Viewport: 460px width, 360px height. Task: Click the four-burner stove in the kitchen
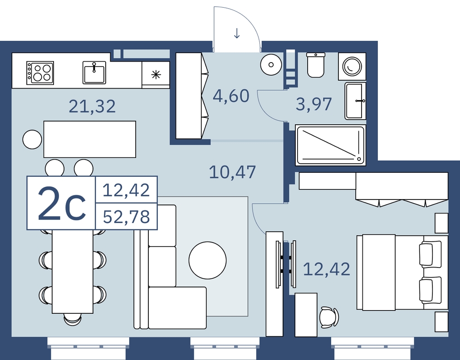click(40, 73)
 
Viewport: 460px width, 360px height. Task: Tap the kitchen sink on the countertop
click(94, 73)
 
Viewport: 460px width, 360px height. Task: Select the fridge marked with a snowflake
click(156, 75)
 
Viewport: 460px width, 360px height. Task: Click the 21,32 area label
click(92, 107)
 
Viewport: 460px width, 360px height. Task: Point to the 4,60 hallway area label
click(231, 96)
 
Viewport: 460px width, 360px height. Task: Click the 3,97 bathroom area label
click(313, 104)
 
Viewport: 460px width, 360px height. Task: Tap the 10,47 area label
click(232, 172)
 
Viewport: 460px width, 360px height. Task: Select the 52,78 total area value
click(127, 217)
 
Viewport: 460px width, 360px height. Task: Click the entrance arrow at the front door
click(237, 33)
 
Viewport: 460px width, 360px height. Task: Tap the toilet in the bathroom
click(316, 65)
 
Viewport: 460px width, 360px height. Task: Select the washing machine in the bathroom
click(352, 66)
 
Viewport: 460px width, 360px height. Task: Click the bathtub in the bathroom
click(331, 145)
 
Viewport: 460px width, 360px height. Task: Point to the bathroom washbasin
click(355, 101)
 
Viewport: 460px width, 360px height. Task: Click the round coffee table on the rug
click(207, 260)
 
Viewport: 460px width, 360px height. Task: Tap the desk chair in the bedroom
click(329, 317)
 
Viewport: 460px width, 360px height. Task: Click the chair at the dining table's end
click(73, 319)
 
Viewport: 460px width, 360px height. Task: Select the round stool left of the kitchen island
click(32, 140)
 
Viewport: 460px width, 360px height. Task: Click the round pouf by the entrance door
click(271, 65)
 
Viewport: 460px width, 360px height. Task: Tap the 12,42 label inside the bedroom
click(327, 269)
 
